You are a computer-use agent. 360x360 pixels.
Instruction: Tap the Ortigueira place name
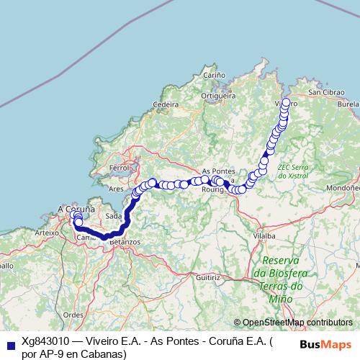(x=219, y=94)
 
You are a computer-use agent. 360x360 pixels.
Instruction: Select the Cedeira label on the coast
(x=166, y=104)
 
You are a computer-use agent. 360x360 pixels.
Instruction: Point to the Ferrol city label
(x=117, y=168)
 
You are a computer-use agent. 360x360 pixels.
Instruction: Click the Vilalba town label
(x=265, y=235)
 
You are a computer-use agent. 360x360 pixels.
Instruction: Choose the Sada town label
(x=113, y=216)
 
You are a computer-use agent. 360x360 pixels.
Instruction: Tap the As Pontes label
(x=220, y=171)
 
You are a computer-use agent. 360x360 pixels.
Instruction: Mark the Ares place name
(x=115, y=189)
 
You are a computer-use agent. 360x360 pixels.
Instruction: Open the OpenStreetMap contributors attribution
(x=297, y=323)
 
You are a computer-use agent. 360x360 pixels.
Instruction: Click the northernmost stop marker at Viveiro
(x=287, y=102)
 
